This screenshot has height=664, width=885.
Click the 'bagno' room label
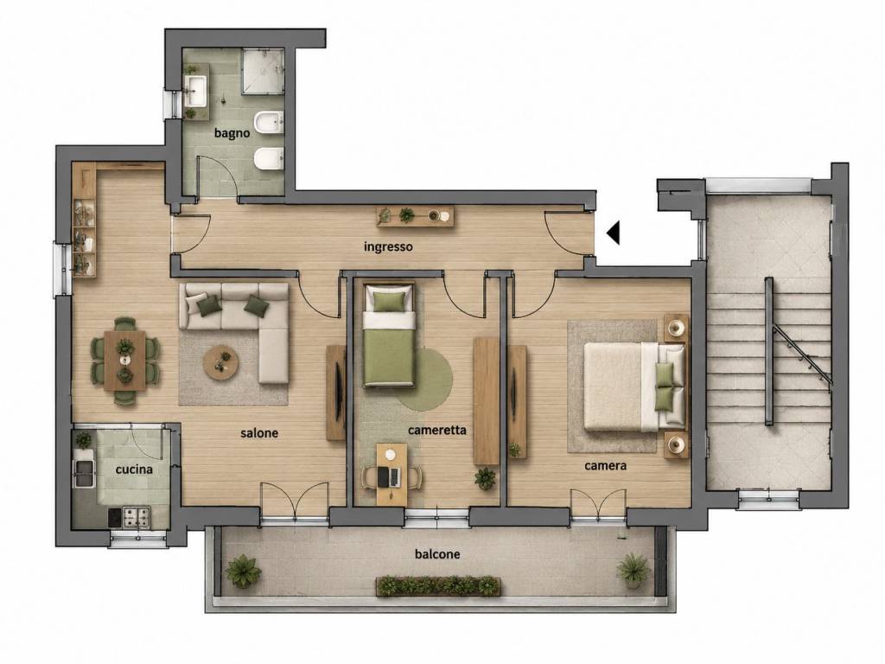tap(232, 133)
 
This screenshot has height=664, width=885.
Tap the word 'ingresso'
tap(388, 246)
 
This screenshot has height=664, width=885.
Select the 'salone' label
tap(259, 433)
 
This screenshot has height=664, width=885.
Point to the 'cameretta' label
tap(436, 431)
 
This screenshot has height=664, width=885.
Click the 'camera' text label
tap(605, 466)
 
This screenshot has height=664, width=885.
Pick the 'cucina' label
tap(134, 469)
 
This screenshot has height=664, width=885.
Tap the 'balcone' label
tap(436, 554)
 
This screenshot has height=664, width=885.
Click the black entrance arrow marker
tap(613, 233)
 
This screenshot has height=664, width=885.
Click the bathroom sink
tap(196, 91)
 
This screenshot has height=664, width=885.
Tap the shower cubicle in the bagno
tap(263, 71)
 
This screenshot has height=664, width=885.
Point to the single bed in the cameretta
tap(388, 336)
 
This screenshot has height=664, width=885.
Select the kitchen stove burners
tap(137, 516)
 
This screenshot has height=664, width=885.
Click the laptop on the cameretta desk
tap(391, 477)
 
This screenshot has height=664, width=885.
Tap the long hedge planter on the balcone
tap(438, 587)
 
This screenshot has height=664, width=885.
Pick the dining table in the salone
tap(124, 361)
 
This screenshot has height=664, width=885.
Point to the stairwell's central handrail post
tap(768, 351)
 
